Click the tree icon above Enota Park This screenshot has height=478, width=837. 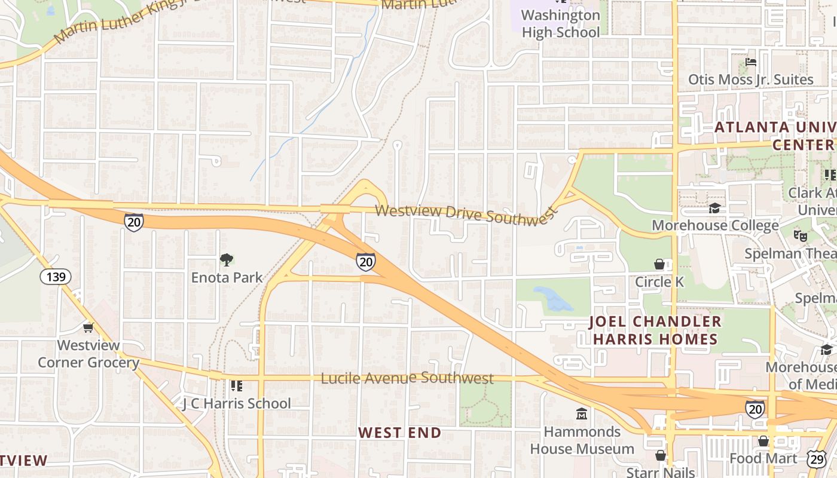click(227, 259)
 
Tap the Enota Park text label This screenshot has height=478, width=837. click(227, 277)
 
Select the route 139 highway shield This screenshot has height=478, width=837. click(56, 277)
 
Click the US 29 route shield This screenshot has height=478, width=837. click(816, 458)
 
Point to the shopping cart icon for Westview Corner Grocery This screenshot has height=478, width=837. click(88, 327)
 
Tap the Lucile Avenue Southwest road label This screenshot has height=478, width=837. click(407, 378)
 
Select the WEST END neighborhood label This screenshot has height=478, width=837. click(399, 433)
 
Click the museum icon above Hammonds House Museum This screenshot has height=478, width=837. click(582, 413)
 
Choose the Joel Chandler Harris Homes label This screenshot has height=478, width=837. click(655, 330)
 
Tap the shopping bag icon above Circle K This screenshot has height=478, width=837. click(659, 263)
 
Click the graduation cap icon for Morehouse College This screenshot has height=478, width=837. click(714, 208)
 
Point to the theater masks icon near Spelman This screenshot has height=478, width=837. click(801, 235)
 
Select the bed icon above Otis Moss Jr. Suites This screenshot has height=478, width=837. click(751, 62)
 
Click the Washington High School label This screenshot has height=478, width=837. click(561, 23)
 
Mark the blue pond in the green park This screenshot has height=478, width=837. click(554, 298)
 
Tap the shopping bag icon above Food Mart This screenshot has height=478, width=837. click(763, 441)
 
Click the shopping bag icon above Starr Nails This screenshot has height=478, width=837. click(661, 455)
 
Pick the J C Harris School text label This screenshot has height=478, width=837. click(237, 403)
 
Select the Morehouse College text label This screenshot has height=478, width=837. click(715, 225)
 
